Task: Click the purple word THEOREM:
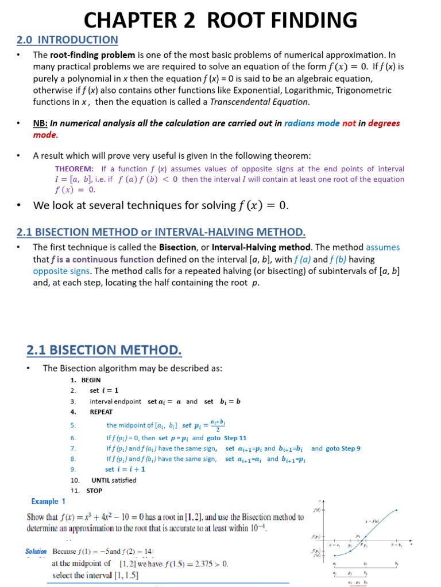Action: pyautogui.click(x=74, y=169)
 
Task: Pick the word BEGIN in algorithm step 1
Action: pyautogui.click(x=91, y=380)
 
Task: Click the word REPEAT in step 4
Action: pyautogui.click(x=101, y=412)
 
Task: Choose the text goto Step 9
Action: pyautogui.click(x=343, y=448)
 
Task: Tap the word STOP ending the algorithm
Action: pyautogui.click(x=94, y=491)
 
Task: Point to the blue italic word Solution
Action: pyautogui.click(x=36, y=551)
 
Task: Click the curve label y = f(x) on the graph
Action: pyautogui.click(x=373, y=522)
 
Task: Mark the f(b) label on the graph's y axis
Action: pyautogui.click(x=316, y=509)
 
